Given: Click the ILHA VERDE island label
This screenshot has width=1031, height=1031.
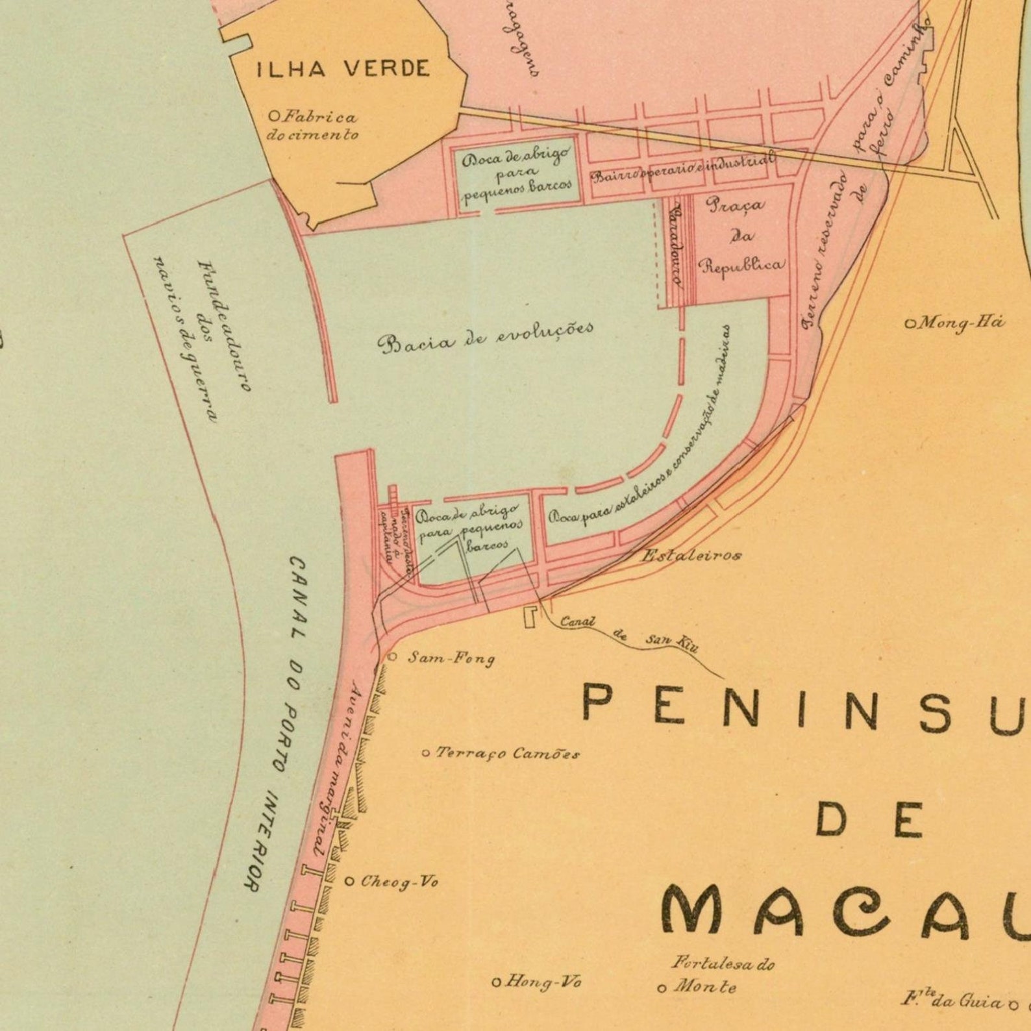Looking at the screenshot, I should click(x=343, y=69).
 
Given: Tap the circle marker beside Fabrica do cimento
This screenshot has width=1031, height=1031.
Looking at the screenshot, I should click(x=274, y=116).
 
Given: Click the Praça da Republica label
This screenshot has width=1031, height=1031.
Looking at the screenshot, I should click(x=740, y=235).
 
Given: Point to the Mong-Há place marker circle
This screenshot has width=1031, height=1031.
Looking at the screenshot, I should click(x=910, y=323).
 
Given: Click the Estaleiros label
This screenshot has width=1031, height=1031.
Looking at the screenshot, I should click(x=691, y=555).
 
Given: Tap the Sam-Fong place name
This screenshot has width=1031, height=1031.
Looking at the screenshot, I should click(x=451, y=658).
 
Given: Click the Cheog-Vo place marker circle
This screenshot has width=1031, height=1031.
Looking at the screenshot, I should click(x=349, y=882).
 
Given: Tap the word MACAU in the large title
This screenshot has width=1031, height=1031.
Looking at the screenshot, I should click(x=844, y=912).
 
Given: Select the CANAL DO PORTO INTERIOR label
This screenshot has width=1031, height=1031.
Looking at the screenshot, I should click(x=280, y=721).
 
